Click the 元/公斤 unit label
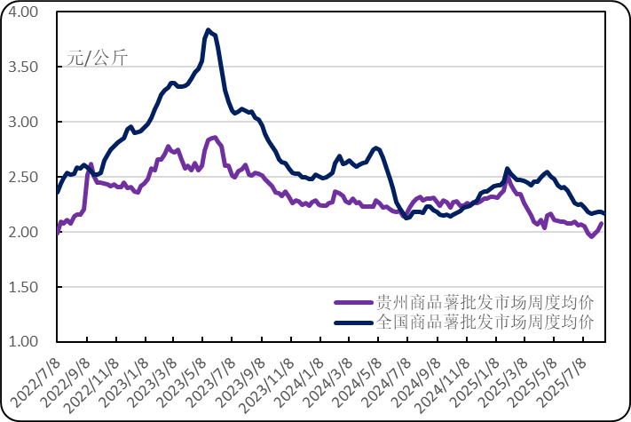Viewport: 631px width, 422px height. [x=97, y=60]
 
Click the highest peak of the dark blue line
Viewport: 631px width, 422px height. [x=208, y=30]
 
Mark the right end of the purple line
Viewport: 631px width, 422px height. [x=603, y=224]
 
